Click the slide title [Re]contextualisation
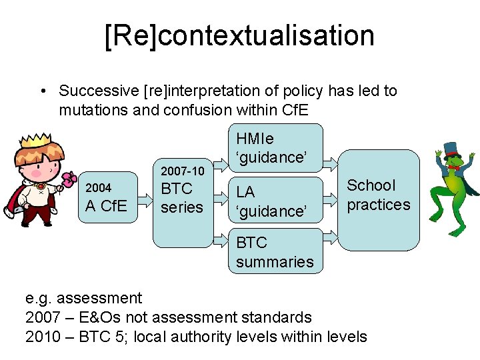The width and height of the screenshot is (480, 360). (x=239, y=35)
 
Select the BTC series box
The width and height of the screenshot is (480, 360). (x=182, y=200)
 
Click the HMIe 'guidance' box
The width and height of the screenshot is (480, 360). (x=275, y=148)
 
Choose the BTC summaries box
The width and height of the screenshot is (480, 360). (x=275, y=251)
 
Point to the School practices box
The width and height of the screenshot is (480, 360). (x=379, y=199)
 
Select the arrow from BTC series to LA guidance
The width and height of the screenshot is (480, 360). (x=220, y=198)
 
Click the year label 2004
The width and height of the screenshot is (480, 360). (x=99, y=188)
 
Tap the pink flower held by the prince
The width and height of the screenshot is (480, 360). (x=69, y=178)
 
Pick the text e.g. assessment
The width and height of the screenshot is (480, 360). (x=84, y=298)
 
